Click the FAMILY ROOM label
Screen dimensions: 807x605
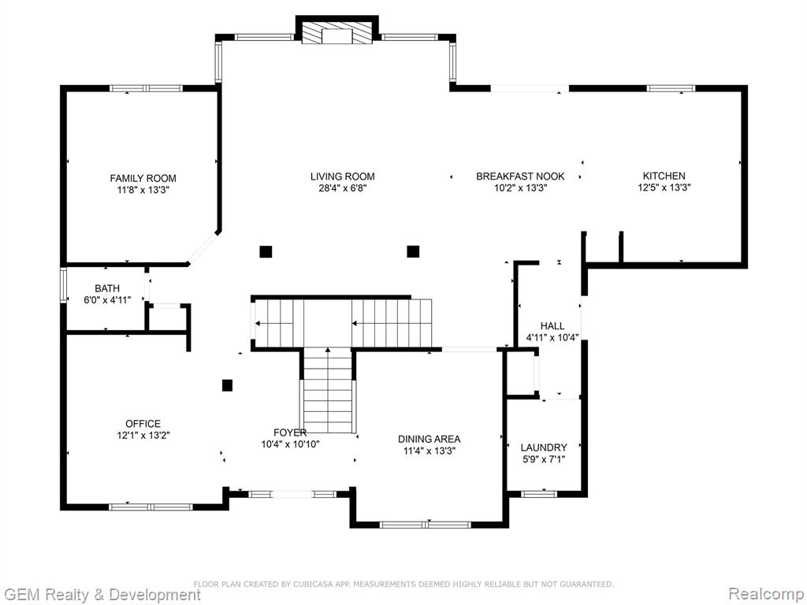click(x=143, y=179)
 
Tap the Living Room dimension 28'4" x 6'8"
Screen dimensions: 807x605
click(x=342, y=188)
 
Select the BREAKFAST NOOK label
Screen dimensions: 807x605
click(x=520, y=176)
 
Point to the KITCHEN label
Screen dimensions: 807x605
click(x=664, y=176)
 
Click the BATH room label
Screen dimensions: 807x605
click(x=107, y=288)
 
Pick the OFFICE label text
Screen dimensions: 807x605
click(x=143, y=424)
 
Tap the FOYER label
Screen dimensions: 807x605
click(x=290, y=432)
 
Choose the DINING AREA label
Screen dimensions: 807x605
click(x=430, y=440)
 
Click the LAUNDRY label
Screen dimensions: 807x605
click(x=544, y=447)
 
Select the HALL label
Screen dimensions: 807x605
click(x=552, y=325)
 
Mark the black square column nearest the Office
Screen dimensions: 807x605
click(x=227, y=385)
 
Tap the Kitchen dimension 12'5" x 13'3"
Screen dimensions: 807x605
click(x=664, y=187)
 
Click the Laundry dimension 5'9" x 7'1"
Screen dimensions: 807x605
click(x=544, y=459)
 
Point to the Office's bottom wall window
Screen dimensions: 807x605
click(x=151, y=507)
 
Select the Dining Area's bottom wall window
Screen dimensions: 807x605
click(x=425, y=525)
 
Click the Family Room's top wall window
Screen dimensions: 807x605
click(x=146, y=88)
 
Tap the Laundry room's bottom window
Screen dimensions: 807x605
click(x=539, y=495)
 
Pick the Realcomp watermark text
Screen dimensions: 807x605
click(x=766, y=594)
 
